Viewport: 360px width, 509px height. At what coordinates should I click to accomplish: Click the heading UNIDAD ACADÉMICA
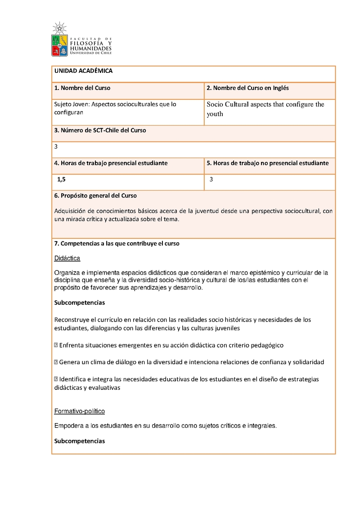click(x=83, y=71)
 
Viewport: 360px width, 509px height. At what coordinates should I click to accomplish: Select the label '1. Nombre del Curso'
click(x=82, y=88)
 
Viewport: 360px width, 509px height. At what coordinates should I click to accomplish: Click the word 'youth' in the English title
click(x=215, y=114)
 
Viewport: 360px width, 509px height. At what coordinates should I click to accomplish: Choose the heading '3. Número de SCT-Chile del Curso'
click(x=100, y=130)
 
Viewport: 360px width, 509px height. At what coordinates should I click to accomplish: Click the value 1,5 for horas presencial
click(x=61, y=179)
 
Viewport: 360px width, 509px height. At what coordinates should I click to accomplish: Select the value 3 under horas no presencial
click(x=211, y=179)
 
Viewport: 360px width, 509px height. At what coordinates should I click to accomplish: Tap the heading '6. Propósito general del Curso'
click(x=95, y=196)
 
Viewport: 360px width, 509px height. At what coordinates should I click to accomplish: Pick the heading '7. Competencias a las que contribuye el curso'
click(x=117, y=244)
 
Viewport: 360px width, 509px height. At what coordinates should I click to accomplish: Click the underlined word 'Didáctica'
click(x=67, y=259)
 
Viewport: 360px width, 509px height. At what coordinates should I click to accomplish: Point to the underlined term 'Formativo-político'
click(x=80, y=411)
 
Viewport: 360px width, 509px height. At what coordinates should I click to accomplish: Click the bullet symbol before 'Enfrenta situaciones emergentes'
click(x=56, y=345)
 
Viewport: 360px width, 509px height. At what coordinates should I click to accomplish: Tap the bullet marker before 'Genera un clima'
click(x=56, y=362)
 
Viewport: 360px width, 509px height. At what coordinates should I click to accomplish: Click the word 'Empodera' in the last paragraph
click(x=68, y=425)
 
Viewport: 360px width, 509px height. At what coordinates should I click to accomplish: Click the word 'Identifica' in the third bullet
click(x=73, y=379)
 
